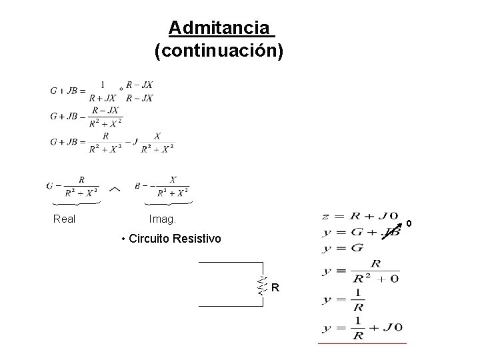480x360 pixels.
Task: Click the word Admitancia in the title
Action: pyautogui.click(x=220, y=28)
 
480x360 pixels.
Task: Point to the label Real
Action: pyautogui.click(x=64, y=219)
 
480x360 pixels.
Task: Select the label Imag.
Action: pyautogui.click(x=163, y=219)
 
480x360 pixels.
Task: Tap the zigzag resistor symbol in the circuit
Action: pyautogui.click(x=262, y=286)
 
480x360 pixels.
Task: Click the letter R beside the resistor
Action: pyautogui.click(x=275, y=288)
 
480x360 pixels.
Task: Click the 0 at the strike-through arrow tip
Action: pyautogui.click(x=409, y=223)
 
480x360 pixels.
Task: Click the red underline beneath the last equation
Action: pyautogui.click(x=362, y=343)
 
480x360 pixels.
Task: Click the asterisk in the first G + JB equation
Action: pyautogui.click(x=121, y=89)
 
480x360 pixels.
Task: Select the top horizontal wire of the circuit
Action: pyautogui.click(x=227, y=263)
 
